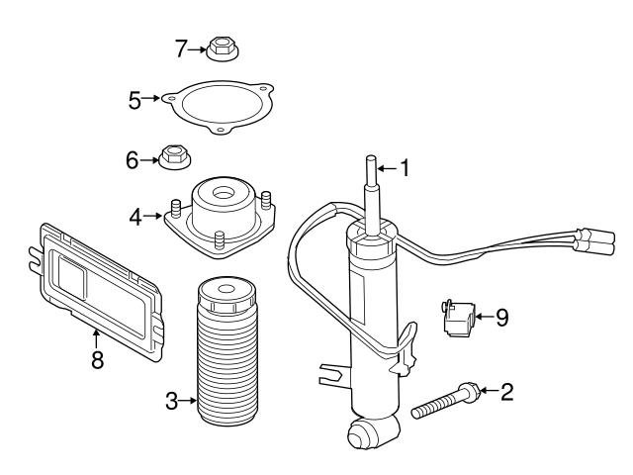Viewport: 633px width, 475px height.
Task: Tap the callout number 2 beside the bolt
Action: (x=506, y=393)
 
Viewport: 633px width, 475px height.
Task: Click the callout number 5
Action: (x=135, y=98)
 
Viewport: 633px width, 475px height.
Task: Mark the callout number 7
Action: (x=181, y=46)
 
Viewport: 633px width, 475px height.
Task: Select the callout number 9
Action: (x=501, y=318)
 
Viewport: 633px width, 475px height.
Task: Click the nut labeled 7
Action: (x=220, y=47)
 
